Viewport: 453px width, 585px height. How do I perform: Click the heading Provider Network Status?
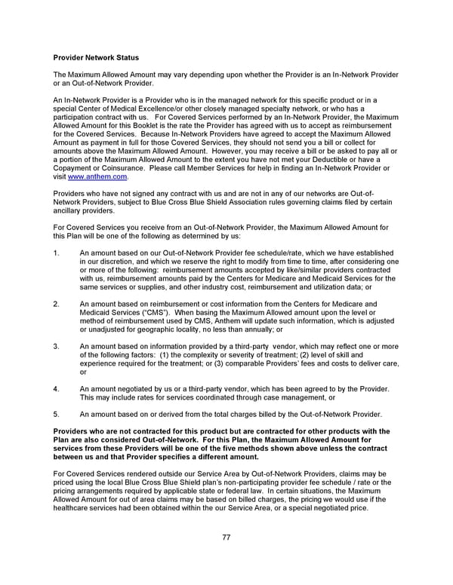tap(96, 57)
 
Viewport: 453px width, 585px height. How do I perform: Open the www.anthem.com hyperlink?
tap(97, 177)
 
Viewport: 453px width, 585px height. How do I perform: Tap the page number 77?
tap(226, 538)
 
